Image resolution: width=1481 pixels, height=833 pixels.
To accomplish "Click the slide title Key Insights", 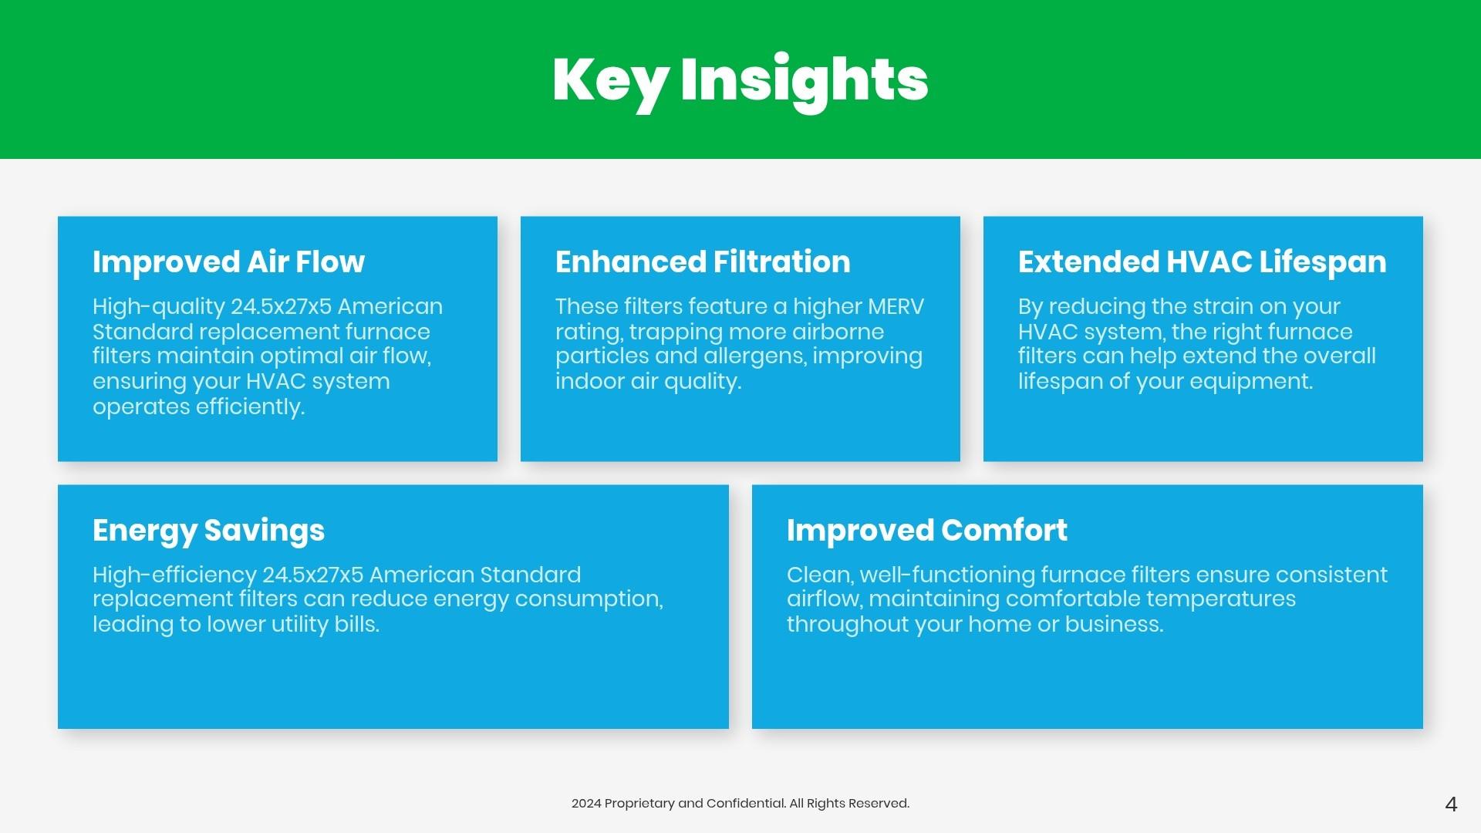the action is pos(740,82).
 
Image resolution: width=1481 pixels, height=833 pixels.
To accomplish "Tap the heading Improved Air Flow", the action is pos(228,262).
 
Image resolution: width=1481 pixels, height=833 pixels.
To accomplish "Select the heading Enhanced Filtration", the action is pos(703,262).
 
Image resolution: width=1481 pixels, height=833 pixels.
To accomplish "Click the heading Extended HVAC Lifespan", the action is pos(1202,262).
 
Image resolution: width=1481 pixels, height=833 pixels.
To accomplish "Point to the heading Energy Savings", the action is pos(208,531).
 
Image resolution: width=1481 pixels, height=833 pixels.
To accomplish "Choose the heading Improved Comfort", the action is pos(927,531).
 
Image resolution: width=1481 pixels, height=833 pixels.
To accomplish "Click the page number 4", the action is pos(1451,804).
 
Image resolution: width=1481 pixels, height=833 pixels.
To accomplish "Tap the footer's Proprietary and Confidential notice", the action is pos(740,804).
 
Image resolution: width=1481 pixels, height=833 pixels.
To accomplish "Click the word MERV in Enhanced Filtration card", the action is pos(896,306).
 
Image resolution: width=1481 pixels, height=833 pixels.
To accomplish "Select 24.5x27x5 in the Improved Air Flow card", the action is pos(281,306).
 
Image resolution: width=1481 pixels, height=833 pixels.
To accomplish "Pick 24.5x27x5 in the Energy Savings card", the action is pos(312,575).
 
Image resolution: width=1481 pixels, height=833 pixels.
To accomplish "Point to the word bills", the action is pos(356,624).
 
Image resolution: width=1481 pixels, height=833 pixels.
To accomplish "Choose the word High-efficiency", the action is pos(174,575).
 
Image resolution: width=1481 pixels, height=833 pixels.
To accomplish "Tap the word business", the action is pos(1114,624).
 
